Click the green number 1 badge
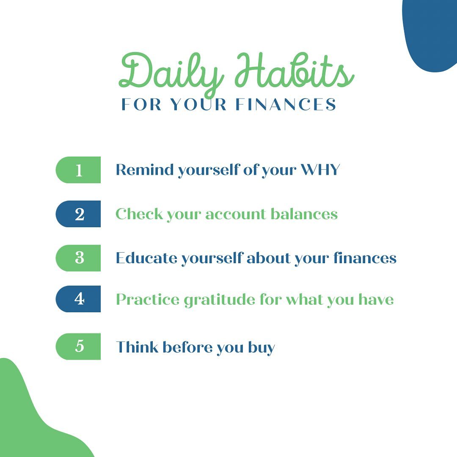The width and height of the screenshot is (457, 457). (x=78, y=170)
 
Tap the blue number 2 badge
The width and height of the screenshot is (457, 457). (x=78, y=214)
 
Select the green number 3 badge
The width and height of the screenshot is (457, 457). (x=78, y=258)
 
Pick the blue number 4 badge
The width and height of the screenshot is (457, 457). (x=78, y=299)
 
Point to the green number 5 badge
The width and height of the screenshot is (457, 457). (x=78, y=346)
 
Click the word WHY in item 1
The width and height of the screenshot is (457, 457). (x=320, y=169)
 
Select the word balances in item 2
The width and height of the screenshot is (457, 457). (x=304, y=214)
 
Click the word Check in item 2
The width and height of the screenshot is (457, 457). (x=139, y=214)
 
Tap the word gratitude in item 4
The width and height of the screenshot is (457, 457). (x=220, y=300)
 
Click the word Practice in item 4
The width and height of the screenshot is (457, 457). (x=148, y=299)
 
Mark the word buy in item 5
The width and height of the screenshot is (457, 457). (x=262, y=348)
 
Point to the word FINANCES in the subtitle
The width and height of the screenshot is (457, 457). (x=286, y=105)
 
